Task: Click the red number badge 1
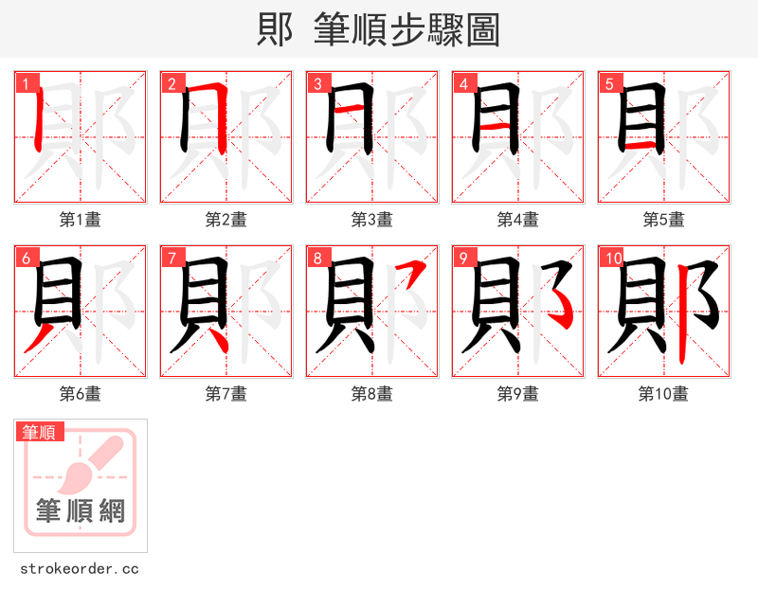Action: pos(25,83)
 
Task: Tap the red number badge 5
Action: pos(608,83)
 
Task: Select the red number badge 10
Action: pos(611,258)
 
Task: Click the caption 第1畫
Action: pos(81,220)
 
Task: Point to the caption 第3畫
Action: pos(372,220)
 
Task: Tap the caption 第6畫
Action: pos(81,394)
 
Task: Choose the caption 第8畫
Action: pos(372,394)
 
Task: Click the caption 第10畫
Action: pos(663,394)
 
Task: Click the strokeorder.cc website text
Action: pos(80,569)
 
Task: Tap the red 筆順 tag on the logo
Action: pos(41,432)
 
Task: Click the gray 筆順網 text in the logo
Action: pos(81,511)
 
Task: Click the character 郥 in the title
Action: pos(275,30)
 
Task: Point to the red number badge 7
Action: pos(171,258)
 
